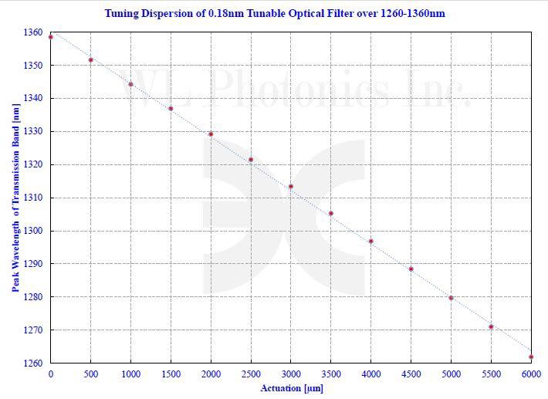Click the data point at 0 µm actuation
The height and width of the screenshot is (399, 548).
[x=51, y=37]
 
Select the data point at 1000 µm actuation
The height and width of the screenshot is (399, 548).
[x=130, y=84]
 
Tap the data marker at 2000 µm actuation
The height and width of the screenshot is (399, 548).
[x=211, y=134]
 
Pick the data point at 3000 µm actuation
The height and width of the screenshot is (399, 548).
[x=291, y=186]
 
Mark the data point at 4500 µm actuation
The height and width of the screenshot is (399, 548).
[x=411, y=269]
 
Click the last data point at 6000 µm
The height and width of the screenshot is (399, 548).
[x=531, y=357]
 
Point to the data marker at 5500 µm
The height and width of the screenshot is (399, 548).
[x=491, y=326]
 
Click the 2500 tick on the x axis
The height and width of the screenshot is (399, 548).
[x=251, y=374]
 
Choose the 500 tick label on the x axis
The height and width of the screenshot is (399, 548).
[x=90, y=374]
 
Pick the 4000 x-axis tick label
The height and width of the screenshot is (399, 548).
[x=370, y=374]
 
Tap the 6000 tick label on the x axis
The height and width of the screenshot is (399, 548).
[x=531, y=374]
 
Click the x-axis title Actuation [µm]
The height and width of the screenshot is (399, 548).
[x=291, y=388]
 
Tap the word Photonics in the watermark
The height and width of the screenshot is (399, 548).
[x=298, y=89]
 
